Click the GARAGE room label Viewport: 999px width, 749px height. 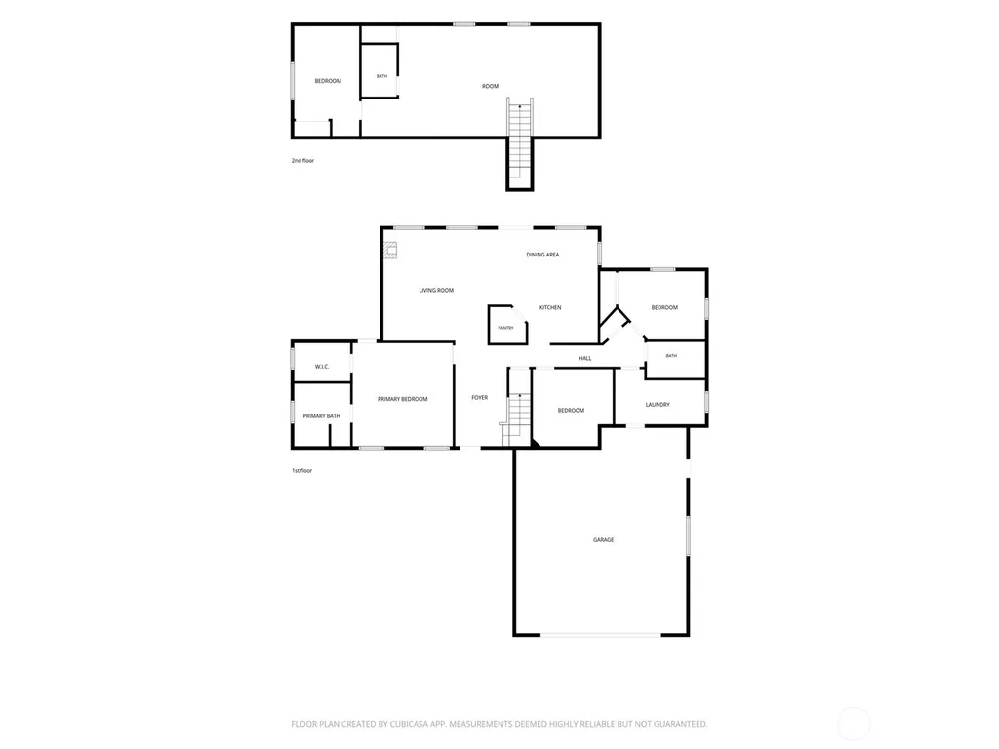pos(603,540)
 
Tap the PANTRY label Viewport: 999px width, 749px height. pos(506,328)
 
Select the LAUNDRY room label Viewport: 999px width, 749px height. pos(658,405)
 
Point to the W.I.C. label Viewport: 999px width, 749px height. pos(322,367)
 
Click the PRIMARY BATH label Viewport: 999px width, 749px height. pos(322,416)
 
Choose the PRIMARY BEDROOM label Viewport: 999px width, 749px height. pos(403,399)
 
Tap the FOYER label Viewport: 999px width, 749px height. pos(480,398)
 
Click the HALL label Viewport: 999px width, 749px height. pos(585,359)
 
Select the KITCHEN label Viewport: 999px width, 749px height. pos(550,307)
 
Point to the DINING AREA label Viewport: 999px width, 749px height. pos(542,255)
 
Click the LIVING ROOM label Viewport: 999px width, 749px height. pos(436,291)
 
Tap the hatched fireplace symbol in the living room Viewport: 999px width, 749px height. pos(390,251)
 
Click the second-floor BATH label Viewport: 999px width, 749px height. pos(381,76)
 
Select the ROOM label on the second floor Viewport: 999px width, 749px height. pos(490,86)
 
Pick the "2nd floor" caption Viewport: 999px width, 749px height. pos(302,161)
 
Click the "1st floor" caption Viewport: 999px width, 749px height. pos(302,471)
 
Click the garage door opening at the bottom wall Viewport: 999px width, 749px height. pos(601,635)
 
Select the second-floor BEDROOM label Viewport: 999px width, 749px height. pos(328,81)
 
